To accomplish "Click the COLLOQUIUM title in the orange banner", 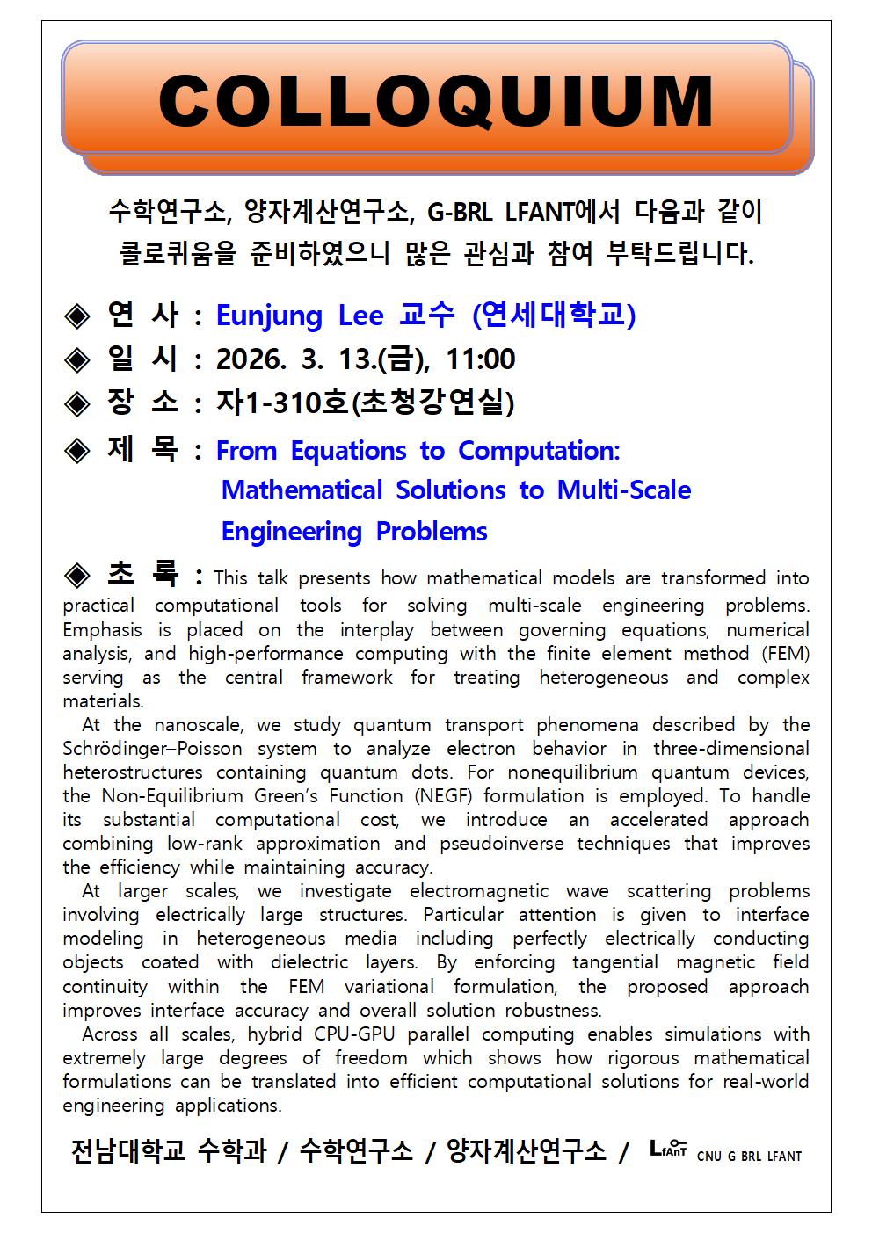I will click(436, 101).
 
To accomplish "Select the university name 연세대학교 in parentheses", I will click(553, 316).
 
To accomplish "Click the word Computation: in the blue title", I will click(539, 451).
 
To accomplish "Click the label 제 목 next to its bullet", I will click(142, 449).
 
